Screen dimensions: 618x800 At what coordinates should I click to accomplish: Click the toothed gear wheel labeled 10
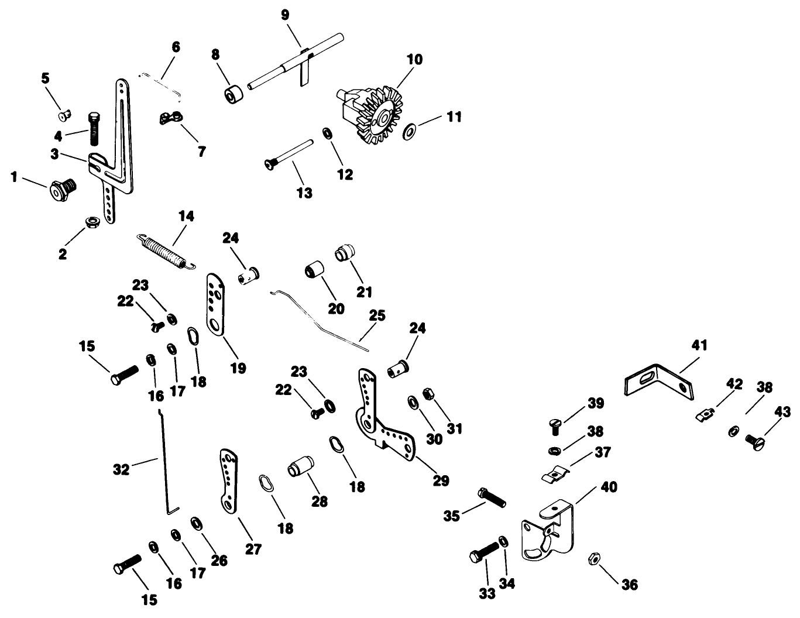[x=375, y=114]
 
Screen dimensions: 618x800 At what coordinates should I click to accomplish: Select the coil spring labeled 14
[x=166, y=250]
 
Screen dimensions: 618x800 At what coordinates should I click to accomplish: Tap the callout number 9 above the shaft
[x=285, y=15]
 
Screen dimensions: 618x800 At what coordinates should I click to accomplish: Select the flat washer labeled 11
[x=409, y=127]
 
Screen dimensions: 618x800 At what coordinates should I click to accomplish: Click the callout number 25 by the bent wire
[x=377, y=316]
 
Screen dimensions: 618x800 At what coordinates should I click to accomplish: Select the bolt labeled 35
[x=492, y=497]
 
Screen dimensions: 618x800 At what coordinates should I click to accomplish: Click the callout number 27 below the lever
[x=253, y=549]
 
